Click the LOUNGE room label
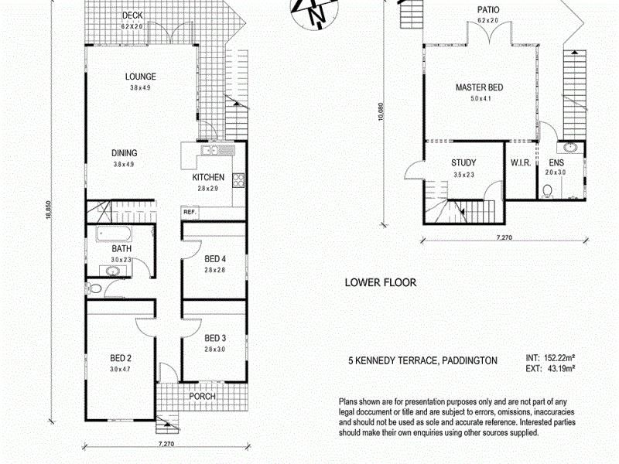[x=142, y=77]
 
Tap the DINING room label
[x=125, y=153]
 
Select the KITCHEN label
[x=208, y=178]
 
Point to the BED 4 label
[x=214, y=259]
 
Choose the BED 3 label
[x=214, y=338]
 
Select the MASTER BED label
[x=479, y=87]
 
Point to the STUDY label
[x=463, y=163]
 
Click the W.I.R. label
[x=519, y=163]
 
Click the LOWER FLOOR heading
[x=380, y=283]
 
